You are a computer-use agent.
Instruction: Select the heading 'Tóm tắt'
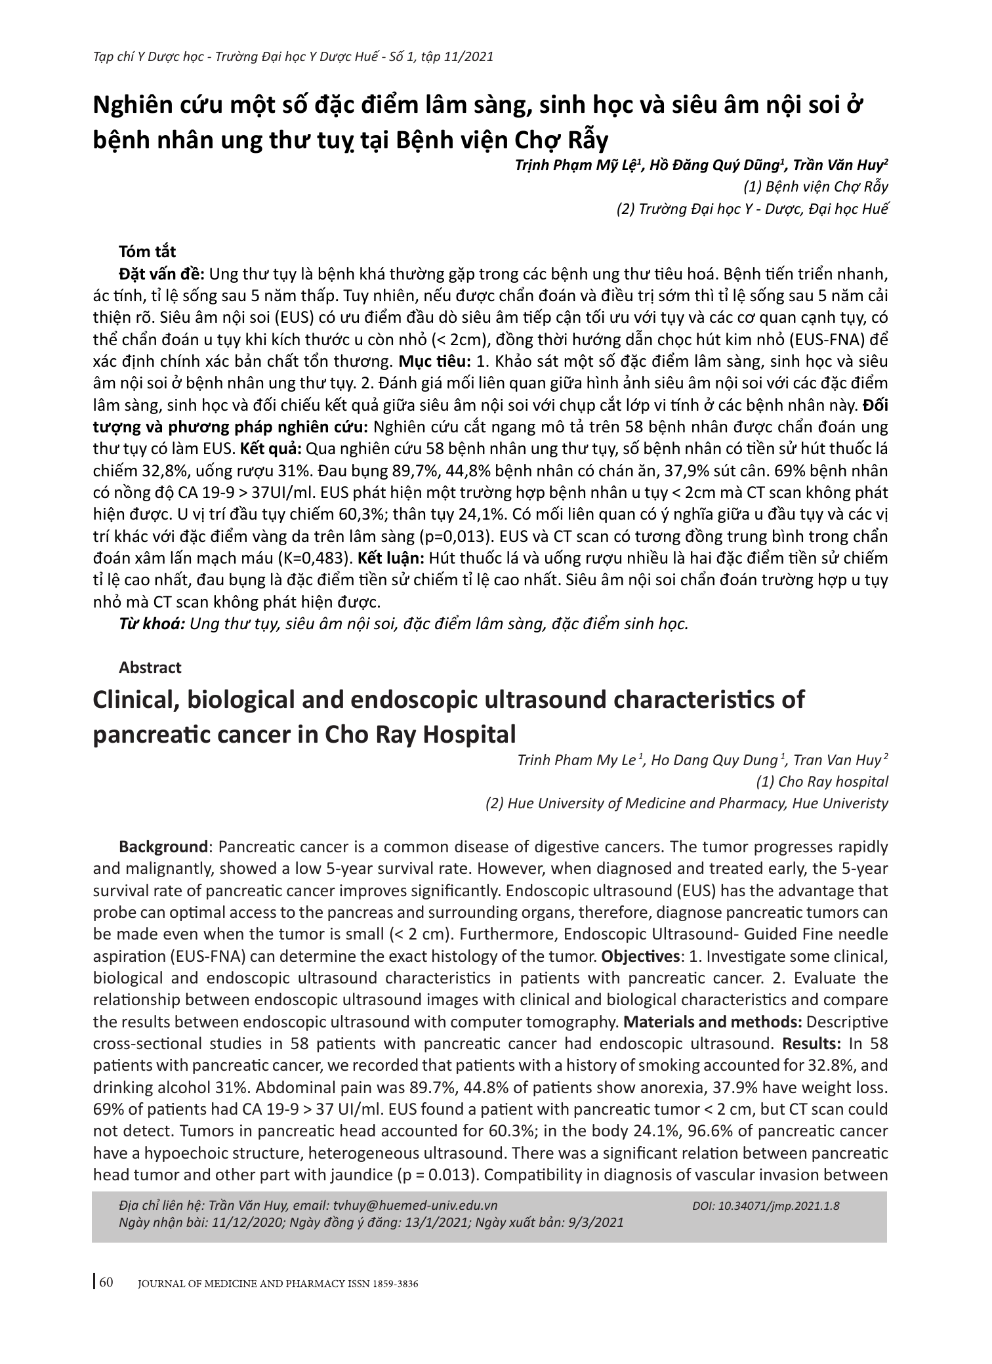pos(148,251)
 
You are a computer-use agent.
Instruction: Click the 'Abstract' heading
pos(150,667)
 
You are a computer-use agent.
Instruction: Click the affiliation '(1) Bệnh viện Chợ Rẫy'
pos(816,186)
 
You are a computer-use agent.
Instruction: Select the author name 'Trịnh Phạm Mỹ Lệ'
pos(575,165)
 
